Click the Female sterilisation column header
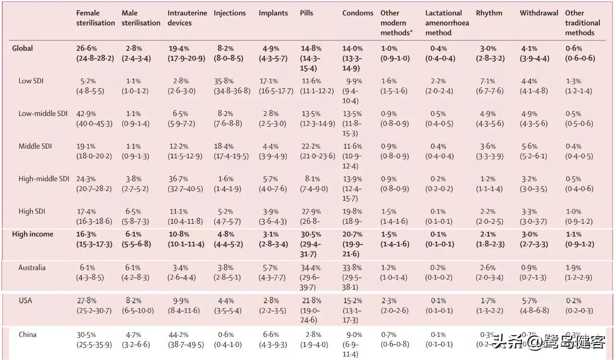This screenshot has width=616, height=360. pyautogui.click(x=95, y=18)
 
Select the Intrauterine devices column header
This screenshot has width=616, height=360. pyautogui.click(x=187, y=18)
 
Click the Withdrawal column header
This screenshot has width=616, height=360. pyautogui.click(x=539, y=13)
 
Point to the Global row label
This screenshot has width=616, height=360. pyautogui.click(x=23, y=48)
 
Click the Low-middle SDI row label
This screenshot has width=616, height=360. pyautogui.click(x=43, y=114)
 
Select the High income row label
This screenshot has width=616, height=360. pyautogui.click(x=33, y=234)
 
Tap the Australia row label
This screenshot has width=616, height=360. pyautogui.click(x=32, y=268)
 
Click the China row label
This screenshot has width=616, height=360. pyautogui.click(x=27, y=334)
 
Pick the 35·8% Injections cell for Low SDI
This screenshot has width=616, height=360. pyautogui.click(x=223, y=81)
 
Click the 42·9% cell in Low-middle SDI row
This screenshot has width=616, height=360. pyautogui.click(x=86, y=114)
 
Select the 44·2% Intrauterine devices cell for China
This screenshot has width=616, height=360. pyautogui.click(x=178, y=335)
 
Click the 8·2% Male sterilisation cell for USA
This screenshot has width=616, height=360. pyautogui.click(x=133, y=301)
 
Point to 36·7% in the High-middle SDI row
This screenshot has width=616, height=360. pyautogui.click(x=178, y=179)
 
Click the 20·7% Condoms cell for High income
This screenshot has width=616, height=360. pyautogui.click(x=352, y=234)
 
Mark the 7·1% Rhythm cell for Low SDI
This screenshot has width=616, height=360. pyautogui.click(x=488, y=81)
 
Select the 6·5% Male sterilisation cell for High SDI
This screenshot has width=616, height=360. pyautogui.click(x=133, y=212)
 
